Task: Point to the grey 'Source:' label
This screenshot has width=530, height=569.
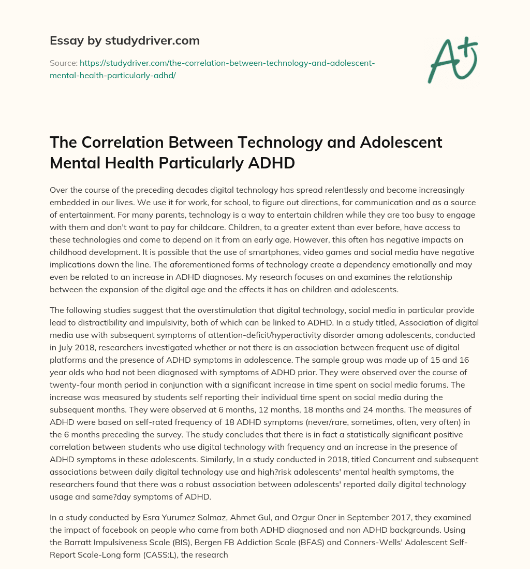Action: click(x=63, y=63)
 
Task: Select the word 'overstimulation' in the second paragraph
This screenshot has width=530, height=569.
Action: click(x=206, y=310)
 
